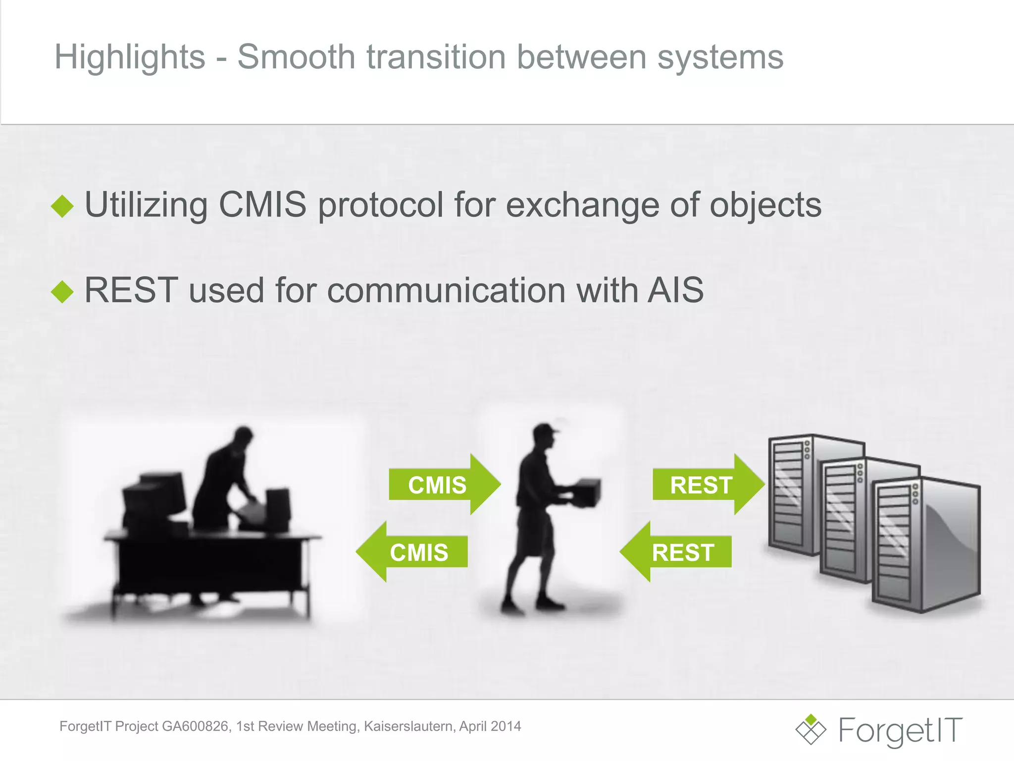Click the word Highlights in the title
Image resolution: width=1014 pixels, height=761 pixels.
click(x=130, y=57)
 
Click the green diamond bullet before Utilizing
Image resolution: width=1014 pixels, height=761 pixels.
click(x=62, y=206)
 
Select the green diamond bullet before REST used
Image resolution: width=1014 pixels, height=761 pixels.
click(x=62, y=291)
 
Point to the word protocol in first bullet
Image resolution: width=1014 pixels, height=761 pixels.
click(x=380, y=206)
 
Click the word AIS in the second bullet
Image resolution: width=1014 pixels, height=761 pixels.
click(x=676, y=290)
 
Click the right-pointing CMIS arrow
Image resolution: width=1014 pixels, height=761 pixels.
click(x=443, y=485)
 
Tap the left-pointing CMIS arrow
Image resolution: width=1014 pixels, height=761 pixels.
click(x=413, y=552)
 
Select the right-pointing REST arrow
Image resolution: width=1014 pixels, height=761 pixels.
click(x=707, y=485)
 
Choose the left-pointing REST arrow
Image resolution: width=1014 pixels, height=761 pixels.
click(x=677, y=552)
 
